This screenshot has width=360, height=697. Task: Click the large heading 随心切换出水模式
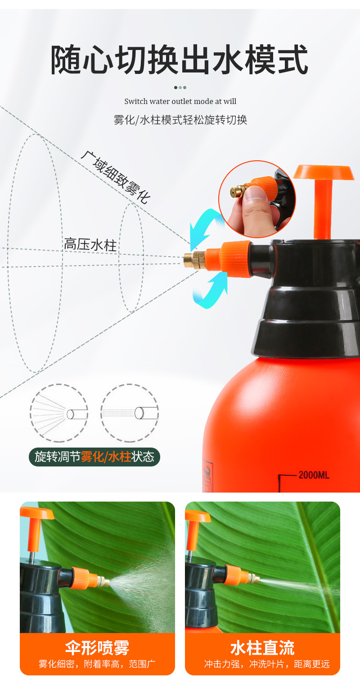[179, 60]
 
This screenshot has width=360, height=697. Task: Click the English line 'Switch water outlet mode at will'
[180, 101]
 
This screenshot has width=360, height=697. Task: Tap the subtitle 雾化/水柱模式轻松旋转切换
[180, 120]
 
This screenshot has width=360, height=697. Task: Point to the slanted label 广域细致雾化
[115, 177]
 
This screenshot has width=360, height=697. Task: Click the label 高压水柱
[90, 245]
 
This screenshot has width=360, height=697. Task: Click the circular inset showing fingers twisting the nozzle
[257, 199]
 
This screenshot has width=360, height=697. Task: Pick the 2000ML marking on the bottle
[314, 475]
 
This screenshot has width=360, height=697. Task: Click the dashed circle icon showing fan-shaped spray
[59, 413]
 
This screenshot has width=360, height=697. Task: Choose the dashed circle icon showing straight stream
[129, 413]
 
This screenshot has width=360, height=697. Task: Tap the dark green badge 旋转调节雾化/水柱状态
[94, 457]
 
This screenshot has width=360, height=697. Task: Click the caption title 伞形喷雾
[97, 647]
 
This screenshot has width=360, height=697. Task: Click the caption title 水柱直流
[262, 647]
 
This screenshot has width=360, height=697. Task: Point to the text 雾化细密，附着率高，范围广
[97, 664]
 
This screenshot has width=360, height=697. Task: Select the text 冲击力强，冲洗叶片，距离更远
[266, 664]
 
